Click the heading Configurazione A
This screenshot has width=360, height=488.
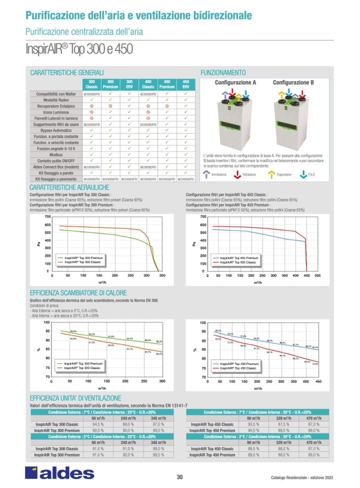(x=235, y=83)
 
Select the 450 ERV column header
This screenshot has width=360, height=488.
(x=186, y=84)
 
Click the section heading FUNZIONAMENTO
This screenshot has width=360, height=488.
(x=222, y=72)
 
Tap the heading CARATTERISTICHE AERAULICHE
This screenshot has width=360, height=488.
(x=70, y=188)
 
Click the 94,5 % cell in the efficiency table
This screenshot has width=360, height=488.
(x=98, y=424)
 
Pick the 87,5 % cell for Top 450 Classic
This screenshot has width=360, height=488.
(x=283, y=424)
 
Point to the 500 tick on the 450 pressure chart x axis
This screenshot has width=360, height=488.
(x=318, y=276)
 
